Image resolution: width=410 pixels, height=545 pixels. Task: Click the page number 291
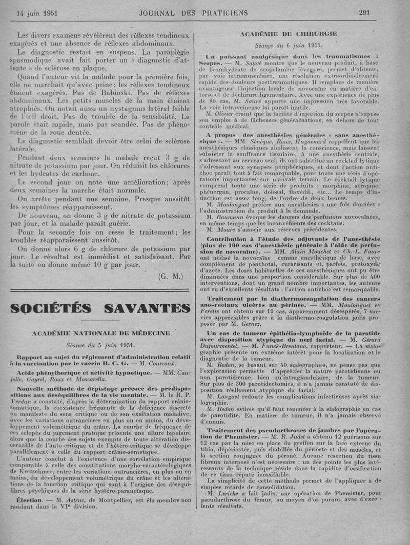coord(364,12)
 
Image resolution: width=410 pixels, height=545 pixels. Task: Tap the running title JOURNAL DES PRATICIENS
coord(193,12)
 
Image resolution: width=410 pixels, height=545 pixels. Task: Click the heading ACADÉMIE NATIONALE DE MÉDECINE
coord(101,333)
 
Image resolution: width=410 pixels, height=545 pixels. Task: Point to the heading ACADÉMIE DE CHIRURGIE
coord(289,34)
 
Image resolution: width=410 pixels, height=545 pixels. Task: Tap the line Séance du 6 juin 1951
coord(289,45)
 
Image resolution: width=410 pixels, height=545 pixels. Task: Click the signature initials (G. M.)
coord(171,277)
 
